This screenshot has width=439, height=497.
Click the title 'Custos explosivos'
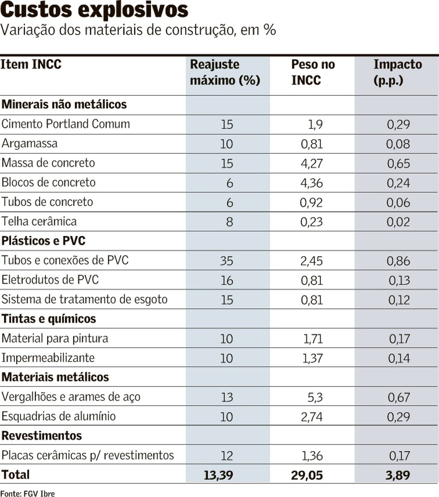click(x=95, y=11)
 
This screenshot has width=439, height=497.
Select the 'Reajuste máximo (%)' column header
click(x=225, y=72)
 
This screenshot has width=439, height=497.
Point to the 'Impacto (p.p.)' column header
click(x=397, y=72)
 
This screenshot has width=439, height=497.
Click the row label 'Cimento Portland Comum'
click(x=66, y=124)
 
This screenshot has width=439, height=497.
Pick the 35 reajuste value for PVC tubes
click(x=227, y=260)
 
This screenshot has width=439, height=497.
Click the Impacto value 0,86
click(x=398, y=261)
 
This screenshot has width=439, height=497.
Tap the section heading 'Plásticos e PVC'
click(x=43, y=241)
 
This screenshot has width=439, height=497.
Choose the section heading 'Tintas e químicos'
click(x=49, y=319)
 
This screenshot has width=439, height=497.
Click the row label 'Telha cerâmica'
click(x=39, y=222)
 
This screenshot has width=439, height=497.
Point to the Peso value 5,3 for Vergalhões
click(x=314, y=397)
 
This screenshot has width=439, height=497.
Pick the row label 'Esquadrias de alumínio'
click(x=58, y=416)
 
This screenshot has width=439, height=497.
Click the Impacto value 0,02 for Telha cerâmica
click(x=398, y=222)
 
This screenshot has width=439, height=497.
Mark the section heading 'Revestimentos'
click(x=42, y=435)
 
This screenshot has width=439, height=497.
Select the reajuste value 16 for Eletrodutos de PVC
click(x=227, y=280)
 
